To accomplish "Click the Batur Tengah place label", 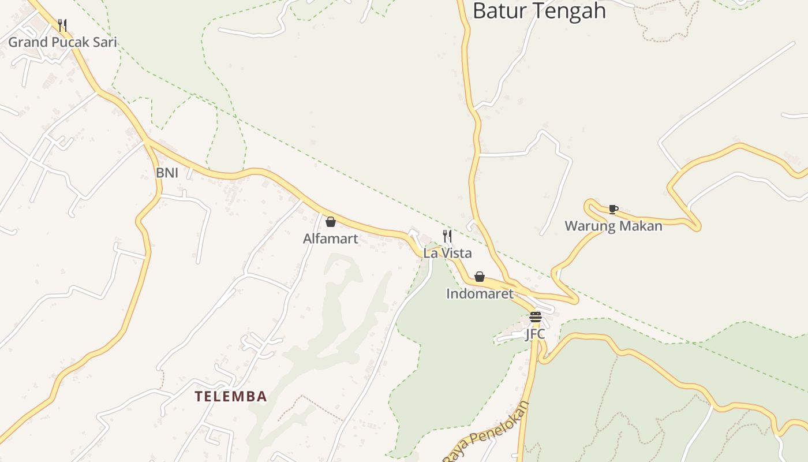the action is (539, 11).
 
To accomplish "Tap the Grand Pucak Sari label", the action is (62, 42).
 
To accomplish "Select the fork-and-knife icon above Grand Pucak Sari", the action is (62, 25).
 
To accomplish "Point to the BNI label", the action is (167, 173).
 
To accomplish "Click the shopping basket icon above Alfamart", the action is (331, 222).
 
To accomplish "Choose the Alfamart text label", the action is (331, 239).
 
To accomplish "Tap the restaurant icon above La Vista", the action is (447, 236).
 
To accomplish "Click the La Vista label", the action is (447, 253).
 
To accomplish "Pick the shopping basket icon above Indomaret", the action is (479, 277).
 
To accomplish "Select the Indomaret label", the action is (480, 293).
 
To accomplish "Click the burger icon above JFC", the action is (535, 316).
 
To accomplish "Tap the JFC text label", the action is (535, 334).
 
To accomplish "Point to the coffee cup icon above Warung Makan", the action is (613, 209).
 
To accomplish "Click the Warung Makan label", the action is (613, 226).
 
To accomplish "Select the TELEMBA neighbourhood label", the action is (231, 397).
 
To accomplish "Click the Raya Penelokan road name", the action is (486, 431).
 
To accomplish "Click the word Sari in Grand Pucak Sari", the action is (104, 42).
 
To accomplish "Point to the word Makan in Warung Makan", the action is (641, 226).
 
